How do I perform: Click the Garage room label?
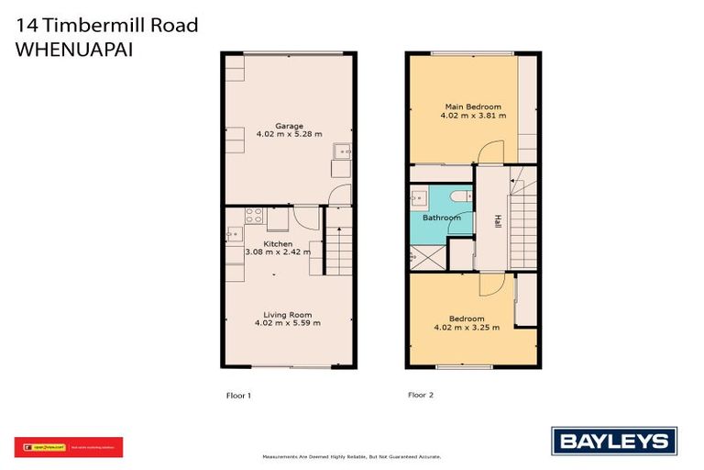[x=290, y=126]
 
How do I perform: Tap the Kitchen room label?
[x=279, y=243]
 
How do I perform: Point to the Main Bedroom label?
[x=470, y=107]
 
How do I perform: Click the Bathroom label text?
[x=441, y=218]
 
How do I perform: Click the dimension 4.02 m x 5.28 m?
[x=290, y=135]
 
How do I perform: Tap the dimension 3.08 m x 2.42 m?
[x=279, y=252]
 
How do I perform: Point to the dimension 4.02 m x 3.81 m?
[x=470, y=117]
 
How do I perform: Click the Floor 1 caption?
[x=238, y=396]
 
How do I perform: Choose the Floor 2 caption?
[x=421, y=396]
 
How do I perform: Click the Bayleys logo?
[x=613, y=440]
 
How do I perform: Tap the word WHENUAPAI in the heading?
[x=74, y=50]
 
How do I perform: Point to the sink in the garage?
[x=341, y=152]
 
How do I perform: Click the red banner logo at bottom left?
[x=68, y=447]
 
